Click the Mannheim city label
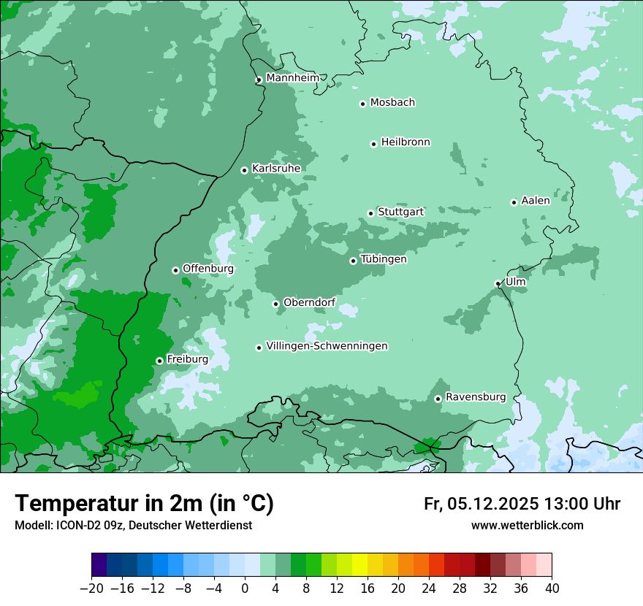click(x=292, y=77)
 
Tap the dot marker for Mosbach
click(x=362, y=104)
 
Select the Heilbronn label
click(x=406, y=142)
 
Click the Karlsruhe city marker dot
click(x=244, y=170)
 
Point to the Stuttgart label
click(x=400, y=212)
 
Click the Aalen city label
click(x=536, y=201)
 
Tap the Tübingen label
click(x=384, y=259)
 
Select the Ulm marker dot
click(x=498, y=283)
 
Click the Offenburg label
click(x=208, y=269)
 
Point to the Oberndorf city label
click(x=309, y=302)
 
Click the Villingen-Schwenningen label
click(x=327, y=346)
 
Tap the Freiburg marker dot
click(x=159, y=361)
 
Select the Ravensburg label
click(x=476, y=397)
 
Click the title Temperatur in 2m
click(x=145, y=503)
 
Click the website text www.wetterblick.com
click(x=527, y=525)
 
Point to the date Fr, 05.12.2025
click(x=481, y=504)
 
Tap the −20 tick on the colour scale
click(x=92, y=588)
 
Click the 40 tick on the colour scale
click(x=552, y=588)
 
